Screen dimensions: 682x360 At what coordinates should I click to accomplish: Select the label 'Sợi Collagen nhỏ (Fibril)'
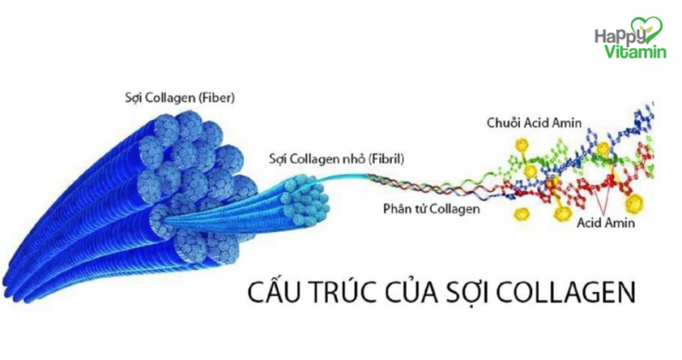click(336, 159)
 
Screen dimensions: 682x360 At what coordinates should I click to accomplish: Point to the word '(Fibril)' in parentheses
click(386, 159)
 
